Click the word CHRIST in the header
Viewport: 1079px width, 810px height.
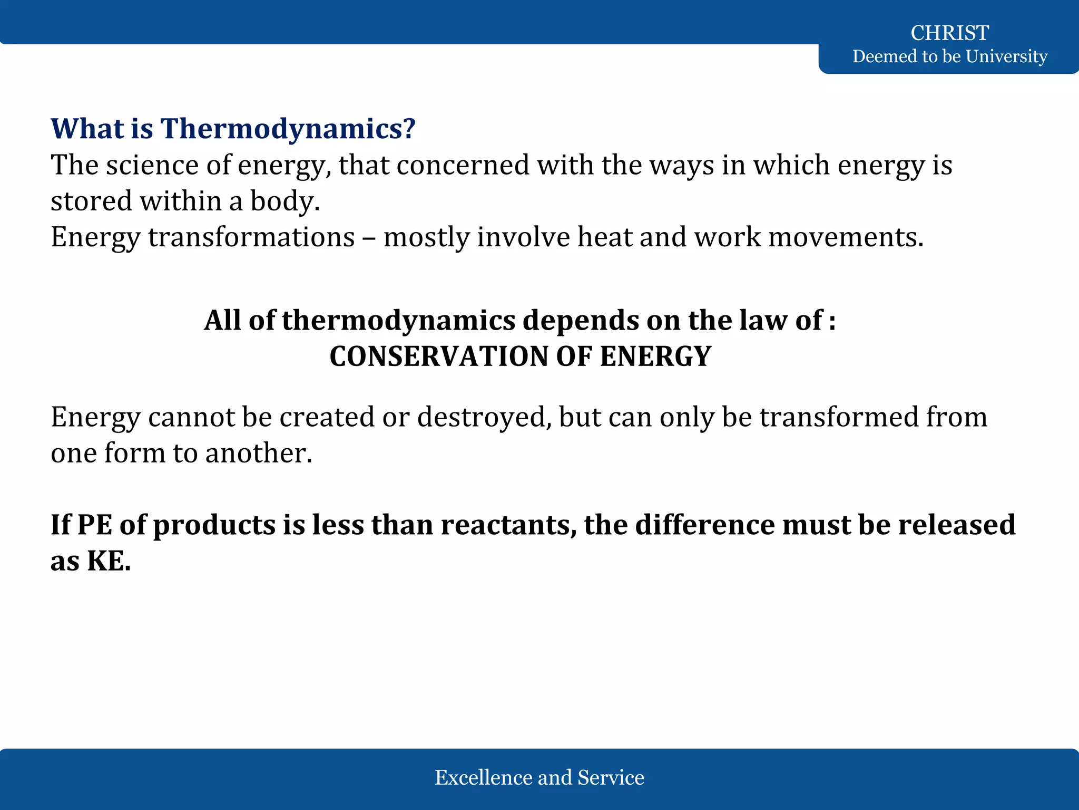tap(949, 33)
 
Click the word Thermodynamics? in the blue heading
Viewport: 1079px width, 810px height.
tap(288, 129)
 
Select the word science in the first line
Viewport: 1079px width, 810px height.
tap(152, 165)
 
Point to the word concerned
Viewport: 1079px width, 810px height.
tap(463, 165)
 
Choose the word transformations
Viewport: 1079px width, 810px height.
tap(251, 237)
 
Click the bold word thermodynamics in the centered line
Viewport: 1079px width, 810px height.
tap(398, 320)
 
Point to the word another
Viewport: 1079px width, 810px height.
tap(259, 453)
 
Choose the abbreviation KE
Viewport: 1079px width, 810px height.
tap(109, 561)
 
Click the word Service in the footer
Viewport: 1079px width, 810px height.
tap(611, 777)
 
